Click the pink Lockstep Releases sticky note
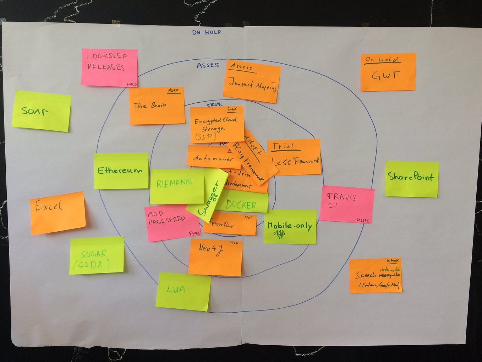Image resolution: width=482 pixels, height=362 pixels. point(109,67)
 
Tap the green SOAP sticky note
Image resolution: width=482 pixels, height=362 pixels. point(41,111)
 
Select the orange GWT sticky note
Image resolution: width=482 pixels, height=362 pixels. point(388,72)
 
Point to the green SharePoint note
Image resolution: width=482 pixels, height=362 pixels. point(411,179)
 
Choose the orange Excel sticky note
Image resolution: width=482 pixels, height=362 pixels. point(57,213)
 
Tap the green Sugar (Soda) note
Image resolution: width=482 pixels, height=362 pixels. point(96,255)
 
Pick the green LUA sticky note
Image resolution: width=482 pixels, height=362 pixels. point(183,291)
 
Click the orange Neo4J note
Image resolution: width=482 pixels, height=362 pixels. point(215,257)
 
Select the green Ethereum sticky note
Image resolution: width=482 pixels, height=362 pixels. point(121,171)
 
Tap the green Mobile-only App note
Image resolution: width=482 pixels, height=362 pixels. point(290,227)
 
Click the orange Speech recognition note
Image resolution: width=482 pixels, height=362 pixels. point(376,276)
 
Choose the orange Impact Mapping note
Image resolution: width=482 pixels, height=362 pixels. point(252,81)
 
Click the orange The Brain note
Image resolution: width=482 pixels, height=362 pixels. point(156,106)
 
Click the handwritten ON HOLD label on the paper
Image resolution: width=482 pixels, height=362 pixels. point(206,32)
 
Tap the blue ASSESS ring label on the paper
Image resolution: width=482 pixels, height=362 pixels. point(208,65)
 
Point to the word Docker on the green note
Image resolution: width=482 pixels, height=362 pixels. point(241,205)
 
